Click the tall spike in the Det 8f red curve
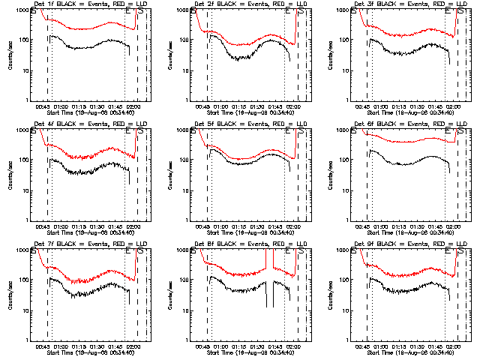click(267, 259)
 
